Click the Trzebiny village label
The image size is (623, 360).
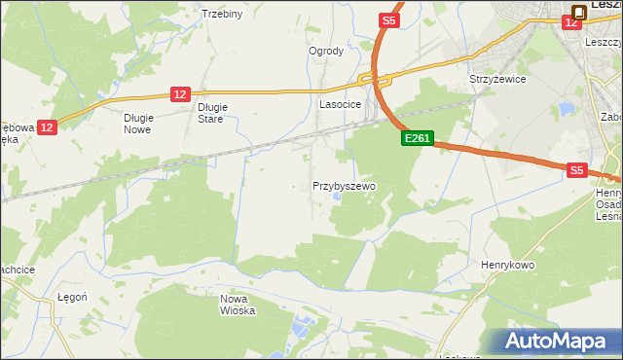point(221,14)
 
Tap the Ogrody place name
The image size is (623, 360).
point(326,51)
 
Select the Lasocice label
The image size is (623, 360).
point(341,103)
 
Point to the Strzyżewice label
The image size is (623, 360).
point(497,79)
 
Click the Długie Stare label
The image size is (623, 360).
point(211,113)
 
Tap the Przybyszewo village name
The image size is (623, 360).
point(344,185)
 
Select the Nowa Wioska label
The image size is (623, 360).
point(238,305)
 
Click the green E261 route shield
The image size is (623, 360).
point(417,139)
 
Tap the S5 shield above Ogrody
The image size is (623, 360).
point(389,19)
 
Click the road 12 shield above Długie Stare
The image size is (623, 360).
point(179,93)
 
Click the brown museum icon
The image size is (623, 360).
point(579,12)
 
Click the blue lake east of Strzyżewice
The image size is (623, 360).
point(566,108)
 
